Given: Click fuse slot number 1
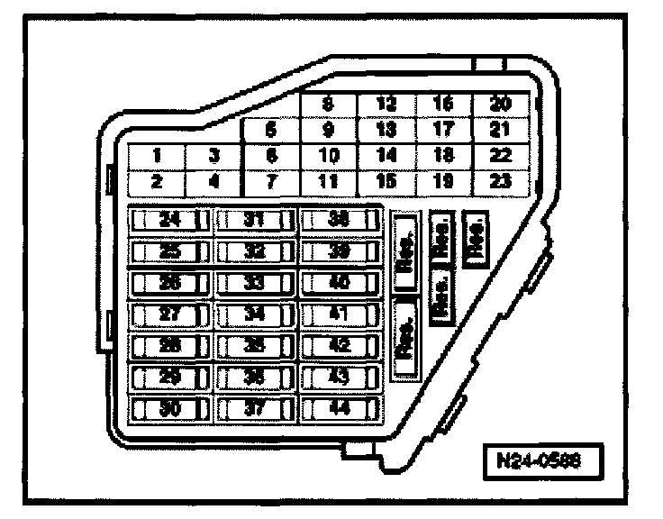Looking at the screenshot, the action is click(x=156, y=155).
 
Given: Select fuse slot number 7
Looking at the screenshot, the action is click(x=270, y=181).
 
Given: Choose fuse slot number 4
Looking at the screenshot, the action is click(x=213, y=181).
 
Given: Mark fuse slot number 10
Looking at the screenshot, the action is click(x=329, y=155).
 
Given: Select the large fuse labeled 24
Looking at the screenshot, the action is click(x=170, y=219).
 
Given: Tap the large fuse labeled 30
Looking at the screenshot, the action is click(x=170, y=407).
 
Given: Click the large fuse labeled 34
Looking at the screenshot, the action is click(x=255, y=314).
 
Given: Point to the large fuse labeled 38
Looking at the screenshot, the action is click(x=340, y=219).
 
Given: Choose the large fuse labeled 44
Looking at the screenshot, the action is click(x=340, y=407).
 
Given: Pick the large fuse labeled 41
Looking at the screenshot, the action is click(x=340, y=314).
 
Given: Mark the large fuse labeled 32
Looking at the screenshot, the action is click(x=255, y=250).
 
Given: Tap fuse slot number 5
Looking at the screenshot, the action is click(x=270, y=130).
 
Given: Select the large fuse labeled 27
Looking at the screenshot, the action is click(x=170, y=314).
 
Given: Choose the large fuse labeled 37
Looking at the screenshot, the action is click(x=255, y=407).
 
